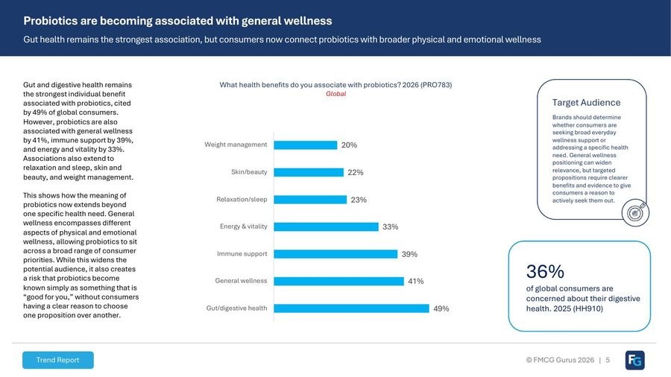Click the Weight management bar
tap(306, 145)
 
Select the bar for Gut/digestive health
tap(351, 308)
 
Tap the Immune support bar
tap(336, 254)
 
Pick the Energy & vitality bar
tap(327, 226)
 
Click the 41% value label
tap(415, 281)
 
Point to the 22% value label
tap(355, 172)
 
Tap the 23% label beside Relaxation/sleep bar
tap(359, 200)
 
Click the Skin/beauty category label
tap(249, 172)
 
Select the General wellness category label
tap(241, 281)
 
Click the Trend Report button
tap(57, 360)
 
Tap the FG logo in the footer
tap(634, 361)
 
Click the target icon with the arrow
tap(635, 212)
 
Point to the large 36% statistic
tap(545, 271)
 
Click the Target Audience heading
tap(586, 103)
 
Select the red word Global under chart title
tap(336, 94)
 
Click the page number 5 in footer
tap(608, 360)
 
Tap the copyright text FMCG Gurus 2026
tap(560, 360)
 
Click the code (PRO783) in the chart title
tap(436, 85)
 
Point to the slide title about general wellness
tap(177, 21)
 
